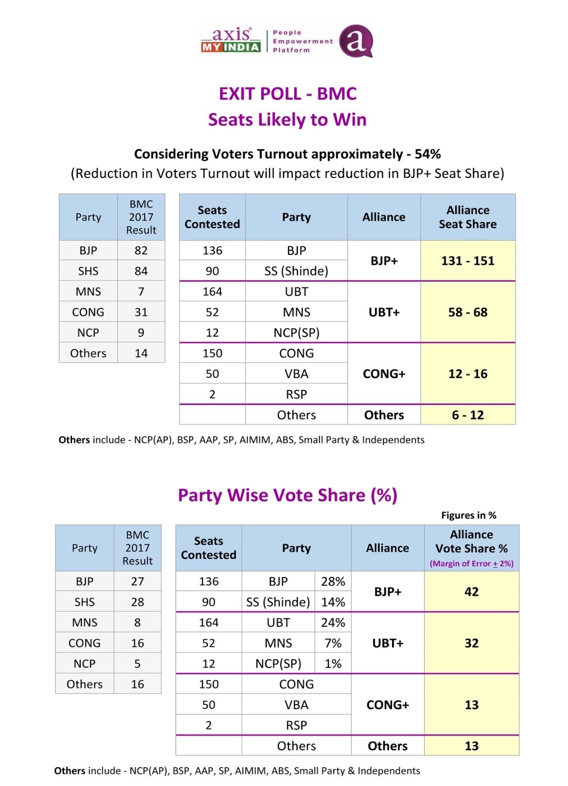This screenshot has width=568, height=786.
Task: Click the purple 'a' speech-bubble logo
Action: point(356,41)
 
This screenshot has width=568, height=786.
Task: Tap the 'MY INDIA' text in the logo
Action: point(231,47)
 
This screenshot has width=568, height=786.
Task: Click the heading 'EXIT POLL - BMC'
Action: point(287,94)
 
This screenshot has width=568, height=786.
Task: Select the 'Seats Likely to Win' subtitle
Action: point(287,120)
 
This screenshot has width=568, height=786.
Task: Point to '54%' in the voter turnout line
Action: point(428,154)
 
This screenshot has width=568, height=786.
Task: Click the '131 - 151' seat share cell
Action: point(468,261)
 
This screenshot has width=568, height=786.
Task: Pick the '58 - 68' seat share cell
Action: point(468,312)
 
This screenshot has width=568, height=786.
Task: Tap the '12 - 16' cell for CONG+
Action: point(468,374)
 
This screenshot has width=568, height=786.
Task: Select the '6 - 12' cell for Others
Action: point(468,415)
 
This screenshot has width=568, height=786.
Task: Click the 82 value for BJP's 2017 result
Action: point(141,251)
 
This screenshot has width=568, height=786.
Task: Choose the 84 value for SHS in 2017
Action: point(141,271)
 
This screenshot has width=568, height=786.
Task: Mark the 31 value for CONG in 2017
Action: point(141,312)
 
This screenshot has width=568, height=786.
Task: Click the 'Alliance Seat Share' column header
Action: point(468,217)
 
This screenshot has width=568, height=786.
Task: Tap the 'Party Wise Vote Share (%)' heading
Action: point(287,495)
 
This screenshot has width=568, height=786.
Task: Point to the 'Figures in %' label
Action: point(469,515)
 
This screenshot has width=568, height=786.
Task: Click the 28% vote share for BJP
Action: point(333,582)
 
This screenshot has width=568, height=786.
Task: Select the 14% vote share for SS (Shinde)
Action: point(333,602)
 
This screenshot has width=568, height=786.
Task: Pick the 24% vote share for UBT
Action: point(333,623)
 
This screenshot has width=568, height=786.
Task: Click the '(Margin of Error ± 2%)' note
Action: point(471,564)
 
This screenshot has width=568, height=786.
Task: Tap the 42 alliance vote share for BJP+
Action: point(471,592)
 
